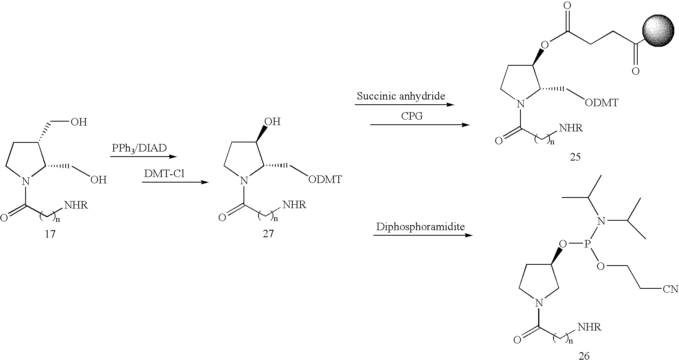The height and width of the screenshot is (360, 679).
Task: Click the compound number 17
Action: [50, 234]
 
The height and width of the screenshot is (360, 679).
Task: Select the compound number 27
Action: [268, 234]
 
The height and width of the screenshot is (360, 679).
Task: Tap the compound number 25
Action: [575, 157]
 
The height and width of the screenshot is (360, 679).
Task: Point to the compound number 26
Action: [584, 356]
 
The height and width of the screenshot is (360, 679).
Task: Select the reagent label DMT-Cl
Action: [164, 174]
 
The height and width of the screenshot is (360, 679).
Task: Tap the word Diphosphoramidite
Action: [421, 227]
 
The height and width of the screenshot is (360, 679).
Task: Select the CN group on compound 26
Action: [671, 289]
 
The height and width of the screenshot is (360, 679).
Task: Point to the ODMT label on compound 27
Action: [325, 180]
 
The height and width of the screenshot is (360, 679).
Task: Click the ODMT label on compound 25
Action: [602, 103]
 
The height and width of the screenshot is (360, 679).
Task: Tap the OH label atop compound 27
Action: [272, 122]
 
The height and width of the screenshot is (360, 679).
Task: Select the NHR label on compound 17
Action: [76, 205]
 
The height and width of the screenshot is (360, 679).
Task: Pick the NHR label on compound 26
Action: [589, 327]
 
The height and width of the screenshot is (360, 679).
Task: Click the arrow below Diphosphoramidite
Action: [423, 236]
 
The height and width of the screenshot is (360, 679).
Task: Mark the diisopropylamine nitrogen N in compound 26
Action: [600, 222]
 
